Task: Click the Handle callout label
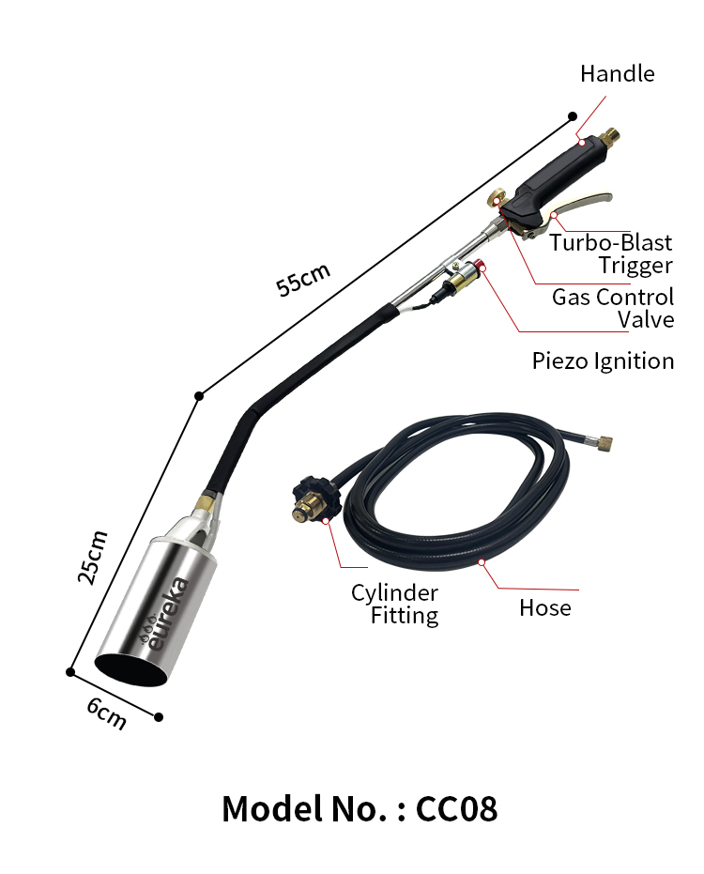617,73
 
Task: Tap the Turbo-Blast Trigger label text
611,254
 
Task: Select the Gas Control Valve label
613,308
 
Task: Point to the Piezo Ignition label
604,361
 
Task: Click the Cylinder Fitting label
394,605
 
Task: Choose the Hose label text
545,608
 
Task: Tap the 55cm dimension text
303,279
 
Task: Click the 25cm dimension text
93,557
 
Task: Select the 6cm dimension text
106,713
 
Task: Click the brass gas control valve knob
497,197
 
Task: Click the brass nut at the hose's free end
604,444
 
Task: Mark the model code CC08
456,809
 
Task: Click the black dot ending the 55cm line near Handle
573,116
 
